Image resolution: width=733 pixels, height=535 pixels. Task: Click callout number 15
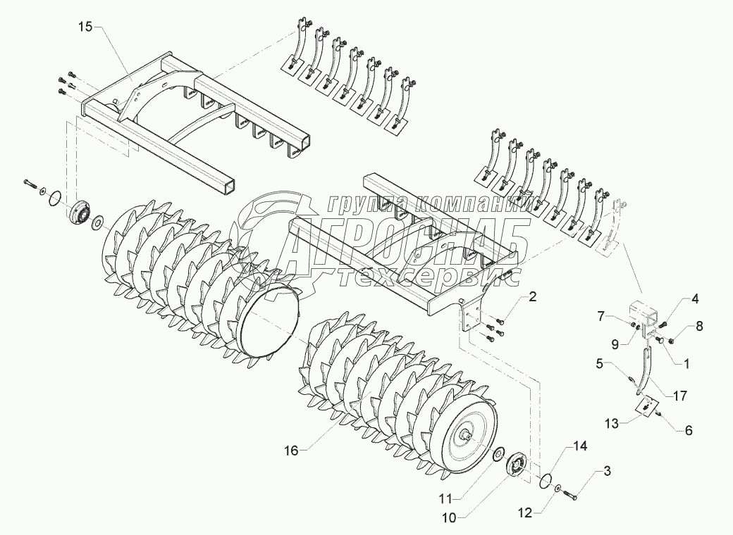[x=85, y=27]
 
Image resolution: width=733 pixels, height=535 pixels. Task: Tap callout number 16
[x=291, y=451]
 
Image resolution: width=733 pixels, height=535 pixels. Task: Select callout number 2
[x=533, y=296]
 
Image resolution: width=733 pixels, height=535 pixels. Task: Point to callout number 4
[x=695, y=298]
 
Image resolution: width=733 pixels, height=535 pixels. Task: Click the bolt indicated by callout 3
[x=571, y=493]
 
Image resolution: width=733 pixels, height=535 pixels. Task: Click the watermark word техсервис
[x=427, y=277]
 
